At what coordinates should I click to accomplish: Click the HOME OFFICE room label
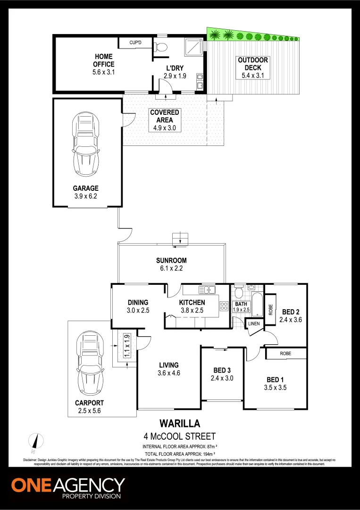(x=103, y=60)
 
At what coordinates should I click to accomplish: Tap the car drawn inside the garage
(x=85, y=147)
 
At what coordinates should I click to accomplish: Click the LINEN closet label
(x=253, y=323)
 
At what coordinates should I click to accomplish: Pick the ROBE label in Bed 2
(x=270, y=310)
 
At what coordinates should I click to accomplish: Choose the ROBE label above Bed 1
(x=285, y=353)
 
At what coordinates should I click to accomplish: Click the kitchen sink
(x=207, y=289)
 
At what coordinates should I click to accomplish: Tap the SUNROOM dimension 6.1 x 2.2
(x=172, y=268)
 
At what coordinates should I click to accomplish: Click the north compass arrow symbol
(x=35, y=440)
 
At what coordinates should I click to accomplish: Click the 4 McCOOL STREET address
(x=179, y=436)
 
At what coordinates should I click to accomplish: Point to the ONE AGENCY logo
(x=68, y=487)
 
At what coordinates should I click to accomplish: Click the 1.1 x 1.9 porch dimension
(x=126, y=346)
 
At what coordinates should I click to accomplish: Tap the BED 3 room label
(x=222, y=370)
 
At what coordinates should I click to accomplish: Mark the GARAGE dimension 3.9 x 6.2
(x=85, y=196)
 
